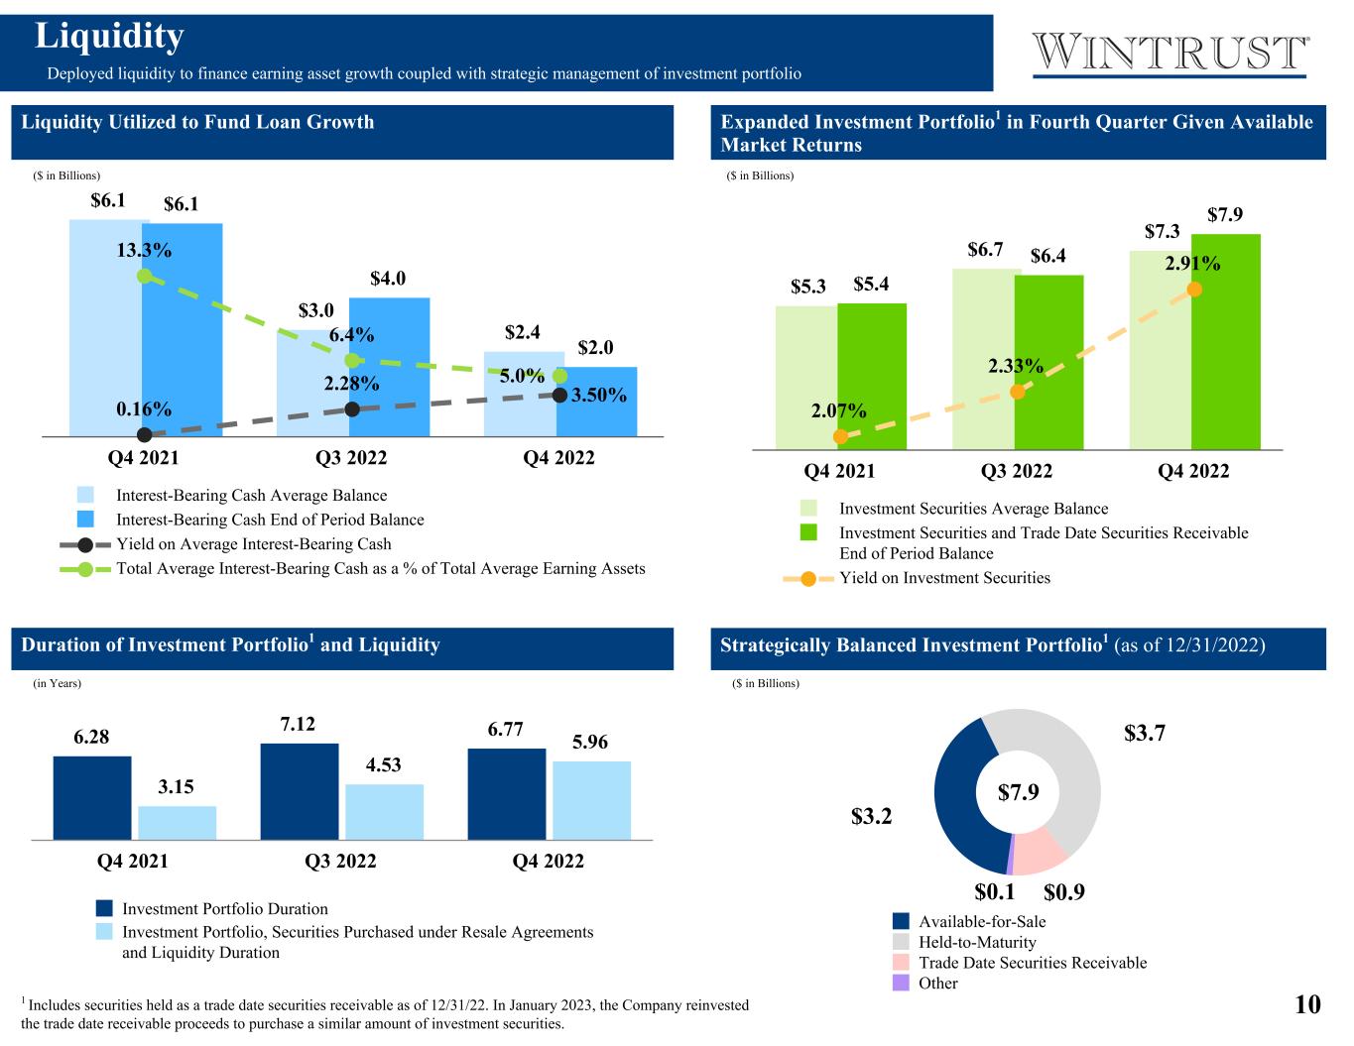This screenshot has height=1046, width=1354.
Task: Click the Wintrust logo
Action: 1170,54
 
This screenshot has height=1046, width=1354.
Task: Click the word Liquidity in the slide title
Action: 110,37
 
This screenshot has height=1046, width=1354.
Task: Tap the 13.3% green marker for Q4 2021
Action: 144,276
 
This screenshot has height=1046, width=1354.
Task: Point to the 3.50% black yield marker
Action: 559,396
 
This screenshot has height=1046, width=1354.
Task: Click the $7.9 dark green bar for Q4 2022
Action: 1226,342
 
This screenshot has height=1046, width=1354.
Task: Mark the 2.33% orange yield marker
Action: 1017,392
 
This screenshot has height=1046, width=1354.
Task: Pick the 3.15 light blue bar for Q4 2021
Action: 178,823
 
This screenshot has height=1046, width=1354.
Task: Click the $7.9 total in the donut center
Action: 1018,792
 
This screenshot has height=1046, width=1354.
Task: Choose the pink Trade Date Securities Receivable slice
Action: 1037,852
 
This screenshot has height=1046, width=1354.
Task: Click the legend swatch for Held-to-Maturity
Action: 901,942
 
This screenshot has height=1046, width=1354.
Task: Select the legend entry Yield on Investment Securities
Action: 944,578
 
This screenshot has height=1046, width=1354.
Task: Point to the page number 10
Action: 1307,1004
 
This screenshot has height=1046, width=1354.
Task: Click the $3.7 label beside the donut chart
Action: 1144,734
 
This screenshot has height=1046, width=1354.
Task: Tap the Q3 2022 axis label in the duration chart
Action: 341,861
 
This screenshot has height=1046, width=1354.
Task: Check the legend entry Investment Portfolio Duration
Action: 224,909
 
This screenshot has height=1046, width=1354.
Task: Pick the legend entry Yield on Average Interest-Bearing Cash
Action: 254,544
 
